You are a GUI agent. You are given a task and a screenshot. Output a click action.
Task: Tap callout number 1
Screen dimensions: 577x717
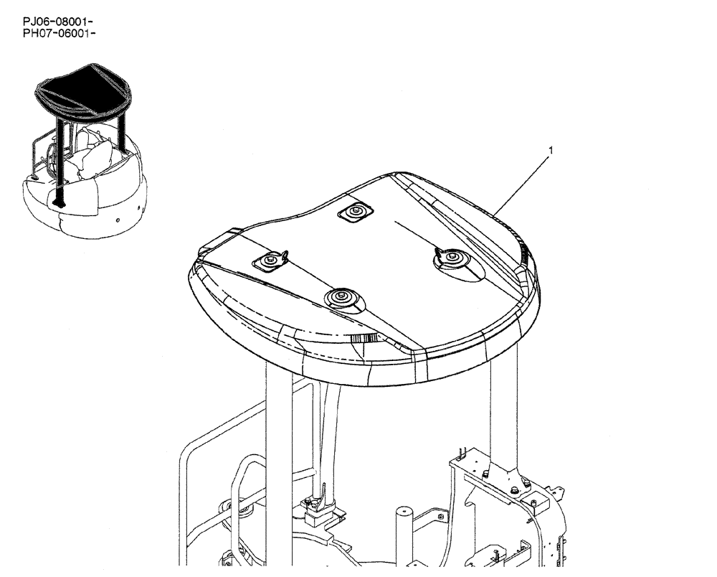click(550, 151)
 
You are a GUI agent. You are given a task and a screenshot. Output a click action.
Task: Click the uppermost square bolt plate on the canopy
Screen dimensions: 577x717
click(355, 212)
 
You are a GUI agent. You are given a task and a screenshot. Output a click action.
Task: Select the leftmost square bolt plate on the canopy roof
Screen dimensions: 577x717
click(272, 262)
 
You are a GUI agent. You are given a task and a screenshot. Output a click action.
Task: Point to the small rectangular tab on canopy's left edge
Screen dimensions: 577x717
click(223, 236)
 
